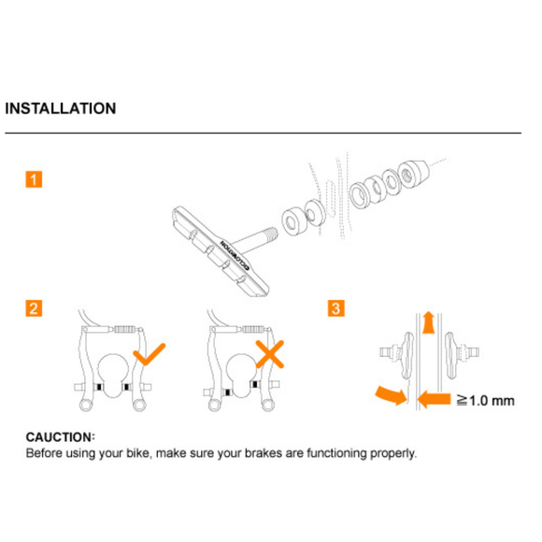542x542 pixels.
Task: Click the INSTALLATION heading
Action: tap(61, 108)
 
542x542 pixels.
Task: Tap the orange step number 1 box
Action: tap(33, 179)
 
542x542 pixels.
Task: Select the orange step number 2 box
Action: tap(33, 308)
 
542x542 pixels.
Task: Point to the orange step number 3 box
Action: tap(336, 308)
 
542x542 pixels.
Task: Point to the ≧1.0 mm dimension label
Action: tap(486, 401)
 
